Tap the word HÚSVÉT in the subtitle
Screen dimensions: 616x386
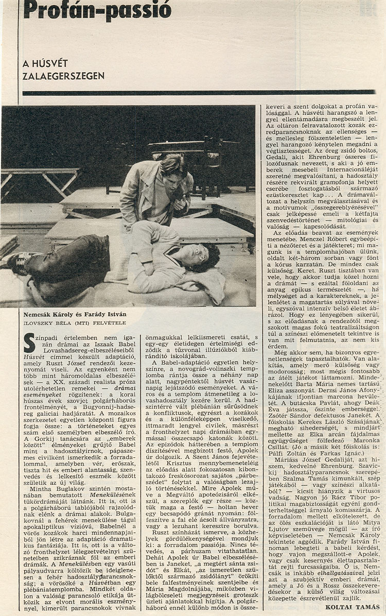click(45, 64)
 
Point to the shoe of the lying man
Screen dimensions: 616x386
click(15, 260)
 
